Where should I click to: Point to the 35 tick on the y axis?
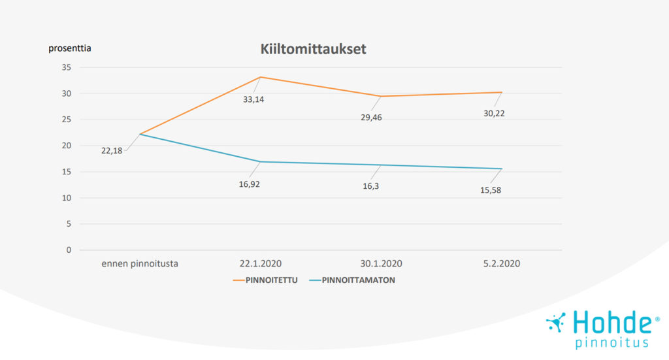66,67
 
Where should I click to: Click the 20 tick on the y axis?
66,146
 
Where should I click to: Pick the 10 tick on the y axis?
66,198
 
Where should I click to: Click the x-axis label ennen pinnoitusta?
140,264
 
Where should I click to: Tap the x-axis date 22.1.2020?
260,264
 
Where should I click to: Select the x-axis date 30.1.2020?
380,264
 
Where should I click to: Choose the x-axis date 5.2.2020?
501,264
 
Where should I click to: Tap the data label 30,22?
494,113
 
